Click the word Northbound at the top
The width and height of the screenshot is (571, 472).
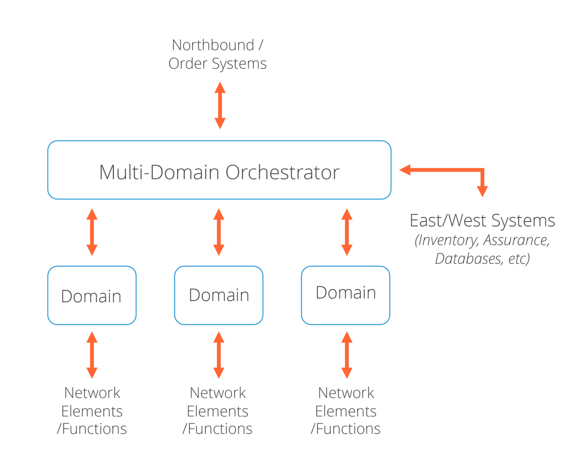[x=213, y=45]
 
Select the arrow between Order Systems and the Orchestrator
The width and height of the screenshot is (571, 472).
[x=220, y=105]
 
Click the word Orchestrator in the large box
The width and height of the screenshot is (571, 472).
[x=283, y=172]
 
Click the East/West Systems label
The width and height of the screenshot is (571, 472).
[x=482, y=221]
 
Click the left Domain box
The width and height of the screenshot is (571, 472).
[x=92, y=295]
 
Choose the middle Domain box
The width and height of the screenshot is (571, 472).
[x=219, y=295]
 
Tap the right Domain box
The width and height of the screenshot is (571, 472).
[x=346, y=295]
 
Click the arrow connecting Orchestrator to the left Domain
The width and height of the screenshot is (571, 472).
[x=92, y=232]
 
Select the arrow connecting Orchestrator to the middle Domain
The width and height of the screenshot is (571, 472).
[x=219, y=232]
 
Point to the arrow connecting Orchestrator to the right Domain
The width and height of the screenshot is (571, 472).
[x=347, y=232]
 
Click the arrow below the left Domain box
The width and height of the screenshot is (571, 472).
[x=92, y=355]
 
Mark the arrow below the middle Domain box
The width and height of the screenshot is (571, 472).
[x=219, y=355]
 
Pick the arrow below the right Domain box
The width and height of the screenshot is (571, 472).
[x=347, y=355]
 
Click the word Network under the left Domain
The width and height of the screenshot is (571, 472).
[x=92, y=393]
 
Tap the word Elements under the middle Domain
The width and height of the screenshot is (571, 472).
[x=217, y=411]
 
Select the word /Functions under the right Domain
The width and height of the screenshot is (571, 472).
[x=345, y=429]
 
